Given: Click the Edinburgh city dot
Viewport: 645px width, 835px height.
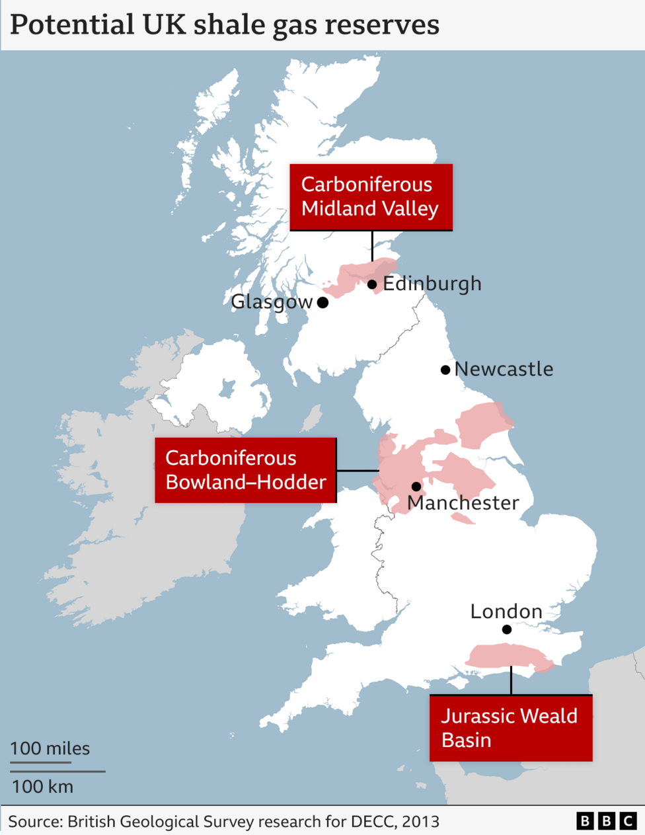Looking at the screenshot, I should pyautogui.click(x=372, y=284).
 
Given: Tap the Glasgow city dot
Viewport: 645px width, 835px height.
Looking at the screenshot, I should pyautogui.click(x=322, y=303).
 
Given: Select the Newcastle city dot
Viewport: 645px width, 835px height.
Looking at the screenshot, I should pyautogui.click(x=445, y=370).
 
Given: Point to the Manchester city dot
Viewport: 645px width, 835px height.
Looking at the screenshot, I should pyautogui.click(x=416, y=487).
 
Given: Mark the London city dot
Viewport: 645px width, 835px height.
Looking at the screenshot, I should pyautogui.click(x=507, y=629).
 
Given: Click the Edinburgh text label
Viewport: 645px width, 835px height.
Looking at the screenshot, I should pyautogui.click(x=432, y=284).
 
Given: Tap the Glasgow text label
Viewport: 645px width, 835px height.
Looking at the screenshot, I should pyautogui.click(x=272, y=302).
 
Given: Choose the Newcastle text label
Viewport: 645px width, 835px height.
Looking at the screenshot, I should pyautogui.click(x=504, y=369).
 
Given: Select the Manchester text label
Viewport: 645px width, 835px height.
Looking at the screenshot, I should pyautogui.click(x=463, y=503).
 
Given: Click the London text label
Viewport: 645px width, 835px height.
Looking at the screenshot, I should pyautogui.click(x=506, y=612).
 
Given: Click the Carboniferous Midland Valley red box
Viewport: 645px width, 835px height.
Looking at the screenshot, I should pyautogui.click(x=371, y=197).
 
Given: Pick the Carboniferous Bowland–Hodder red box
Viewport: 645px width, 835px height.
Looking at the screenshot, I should pyautogui.click(x=245, y=470).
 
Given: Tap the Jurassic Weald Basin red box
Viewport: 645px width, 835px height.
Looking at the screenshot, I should pyautogui.click(x=510, y=727).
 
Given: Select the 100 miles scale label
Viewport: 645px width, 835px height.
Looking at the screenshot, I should pyautogui.click(x=50, y=748).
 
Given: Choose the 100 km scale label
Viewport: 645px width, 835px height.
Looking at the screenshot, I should pyautogui.click(x=43, y=787).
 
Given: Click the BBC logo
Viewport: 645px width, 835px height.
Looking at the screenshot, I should pyautogui.click(x=606, y=821).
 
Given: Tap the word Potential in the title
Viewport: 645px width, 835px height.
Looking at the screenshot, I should pyautogui.click(x=63, y=25).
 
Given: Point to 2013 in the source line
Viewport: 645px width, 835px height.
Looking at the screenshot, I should pyautogui.click(x=421, y=821).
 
